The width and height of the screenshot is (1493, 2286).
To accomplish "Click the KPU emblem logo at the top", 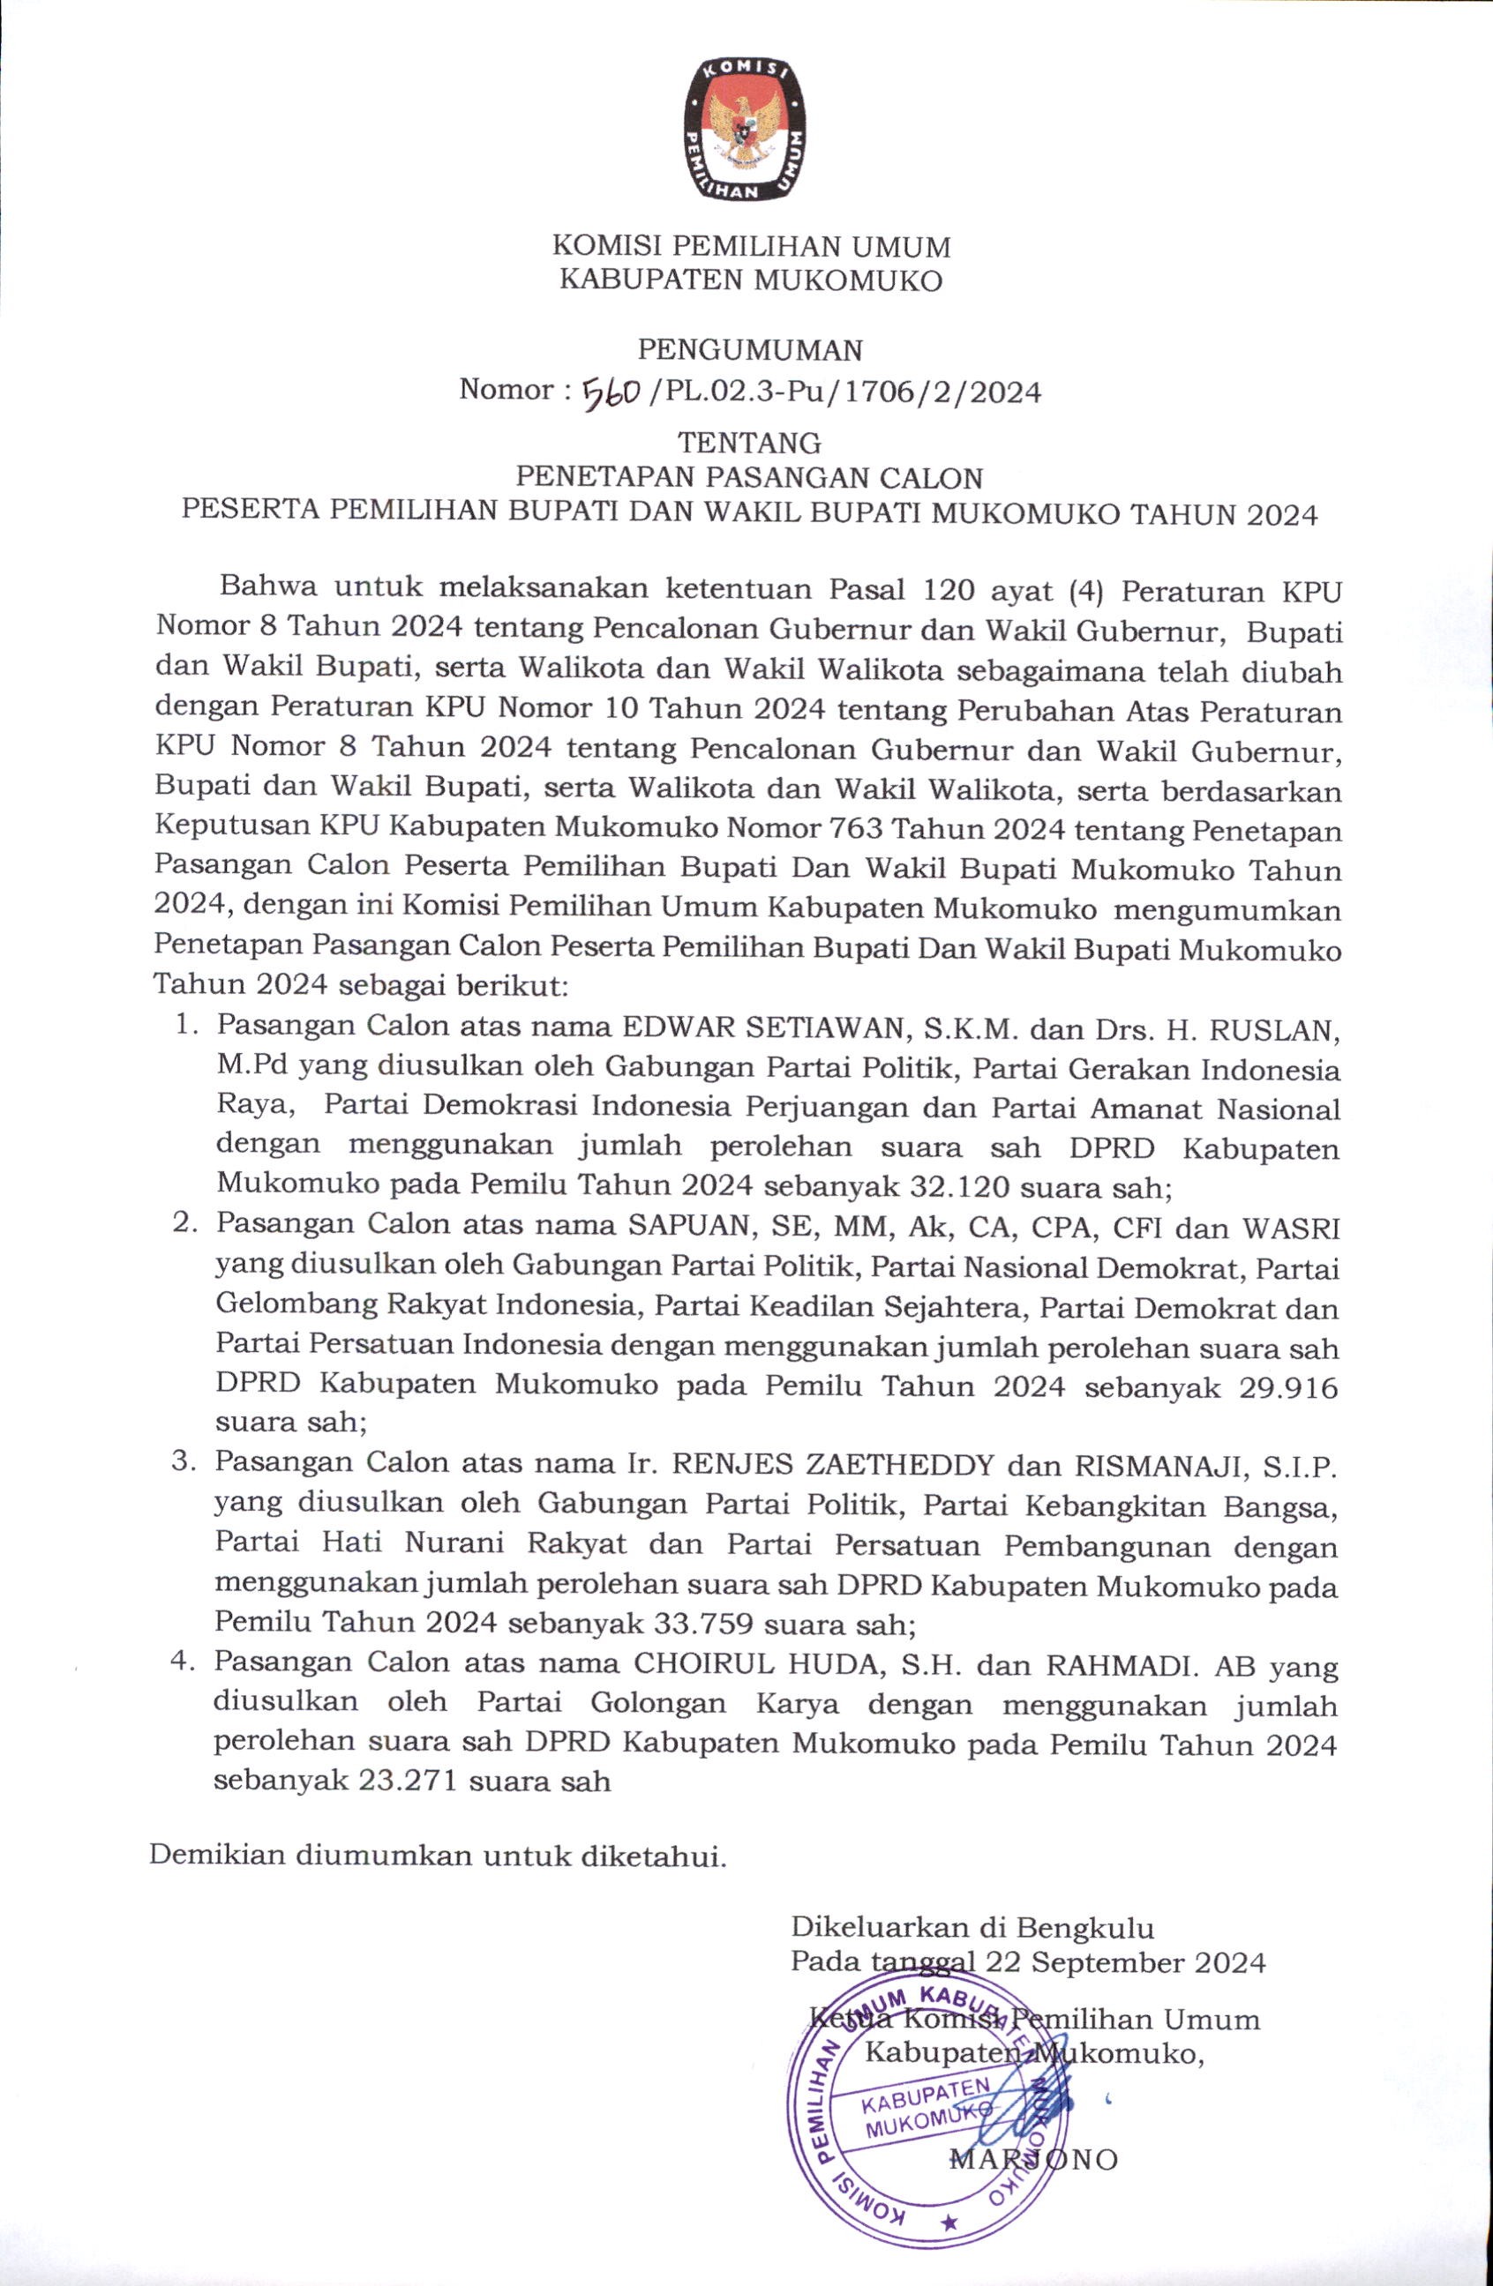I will pyautogui.click(x=745, y=129).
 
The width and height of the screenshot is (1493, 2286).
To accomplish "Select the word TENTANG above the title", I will pyautogui.click(x=749, y=443).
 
